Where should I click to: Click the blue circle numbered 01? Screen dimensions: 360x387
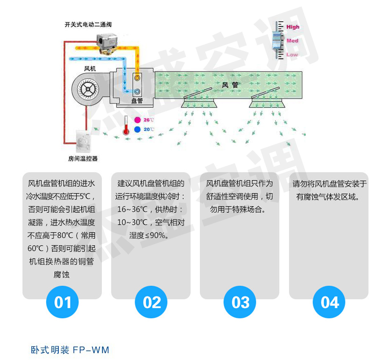[x=62, y=302]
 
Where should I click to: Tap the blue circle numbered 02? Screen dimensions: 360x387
[x=151, y=302]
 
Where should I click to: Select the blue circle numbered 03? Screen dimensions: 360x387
[x=240, y=302]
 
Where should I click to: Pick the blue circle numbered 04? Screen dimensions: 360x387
[x=329, y=302]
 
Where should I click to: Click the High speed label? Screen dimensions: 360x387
[x=293, y=27]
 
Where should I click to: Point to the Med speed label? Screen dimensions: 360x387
[x=292, y=41]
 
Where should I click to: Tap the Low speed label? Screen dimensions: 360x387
[x=292, y=54]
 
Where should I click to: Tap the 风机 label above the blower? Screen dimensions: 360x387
[x=90, y=68]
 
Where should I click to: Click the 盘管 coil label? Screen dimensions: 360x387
[x=137, y=101]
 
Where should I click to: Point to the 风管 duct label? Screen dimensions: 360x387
[x=230, y=84]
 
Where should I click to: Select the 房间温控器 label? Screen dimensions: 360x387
[x=83, y=158]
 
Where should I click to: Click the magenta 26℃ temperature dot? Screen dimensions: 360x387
[x=138, y=120]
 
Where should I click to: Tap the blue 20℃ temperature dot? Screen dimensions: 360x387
[x=138, y=129]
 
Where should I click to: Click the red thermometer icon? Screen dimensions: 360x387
[x=126, y=126]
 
